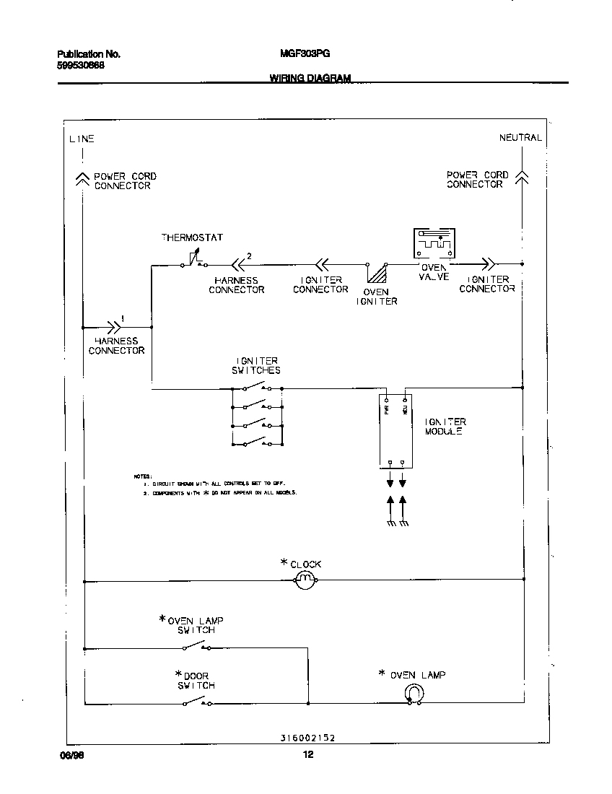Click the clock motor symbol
(x=306, y=580)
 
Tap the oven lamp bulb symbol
(x=414, y=693)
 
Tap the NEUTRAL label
(x=520, y=137)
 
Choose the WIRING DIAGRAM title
(x=310, y=78)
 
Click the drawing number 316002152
(x=307, y=738)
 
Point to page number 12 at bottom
(x=308, y=755)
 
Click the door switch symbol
(x=197, y=702)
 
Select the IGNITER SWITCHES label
(x=257, y=365)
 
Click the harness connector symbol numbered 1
(x=114, y=326)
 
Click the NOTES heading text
(x=142, y=476)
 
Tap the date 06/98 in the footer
(x=68, y=755)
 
